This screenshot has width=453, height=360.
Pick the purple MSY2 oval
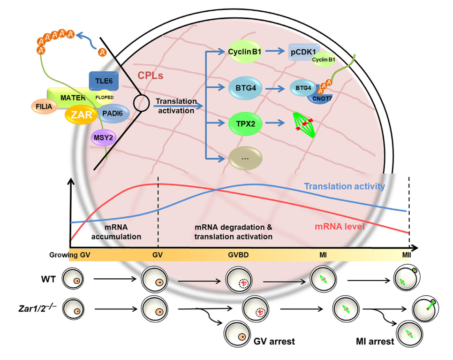[103, 138]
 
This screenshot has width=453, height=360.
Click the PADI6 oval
[112, 114]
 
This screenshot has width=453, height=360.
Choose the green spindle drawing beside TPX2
[303, 124]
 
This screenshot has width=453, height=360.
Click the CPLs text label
[150, 75]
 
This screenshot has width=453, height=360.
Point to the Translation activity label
[345, 186]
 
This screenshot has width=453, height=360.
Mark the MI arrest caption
[374, 341]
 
